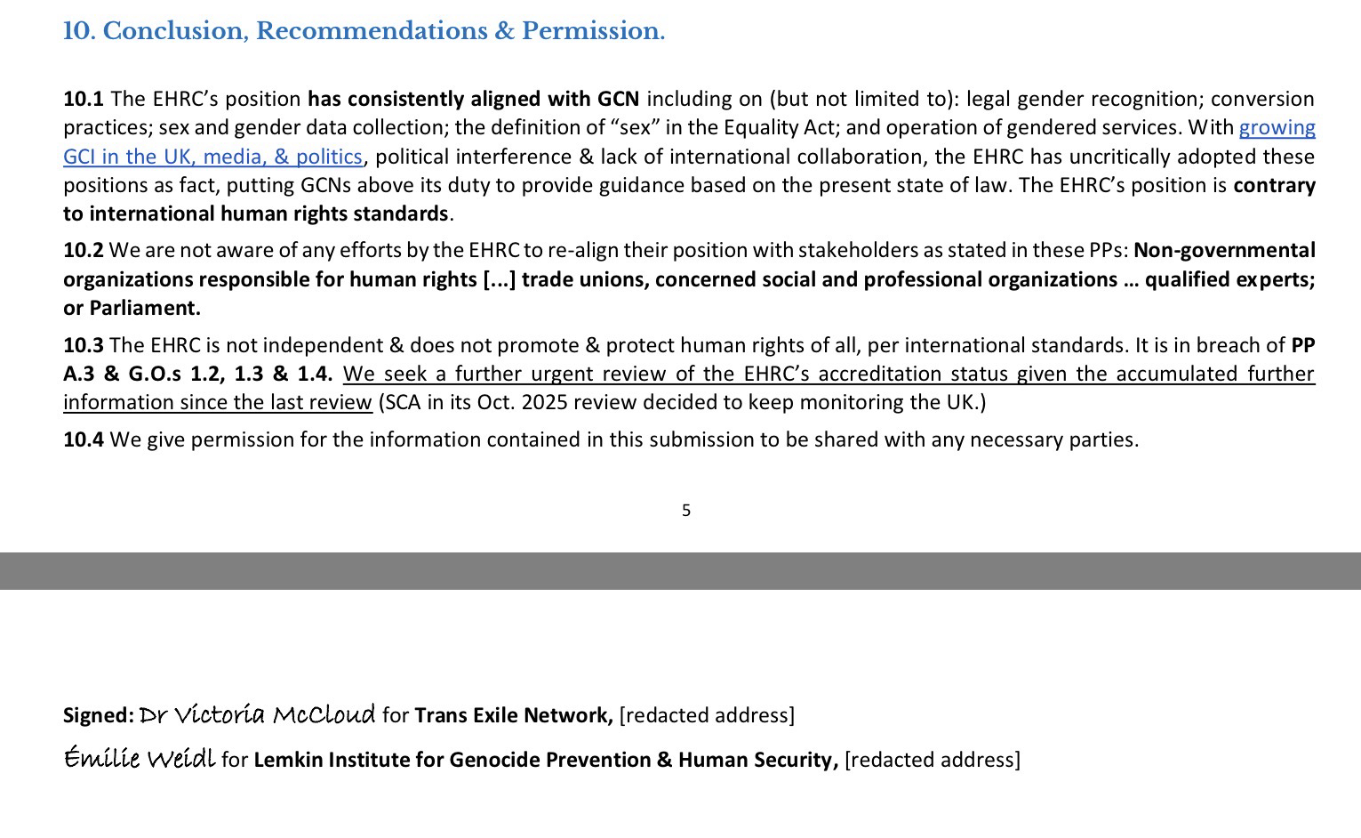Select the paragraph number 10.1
[83, 99]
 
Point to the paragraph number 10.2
[83, 251]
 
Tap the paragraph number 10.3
[83, 345]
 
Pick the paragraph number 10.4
[83, 439]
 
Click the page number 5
[685, 511]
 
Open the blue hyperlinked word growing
[1277, 128]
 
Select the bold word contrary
[1274, 185]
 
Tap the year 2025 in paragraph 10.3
[546, 402]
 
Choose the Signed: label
[98, 715]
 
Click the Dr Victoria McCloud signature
[257, 714]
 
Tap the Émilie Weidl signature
[139, 759]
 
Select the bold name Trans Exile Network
[513, 715]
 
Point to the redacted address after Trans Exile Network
[707, 715]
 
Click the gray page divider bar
[680, 571]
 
